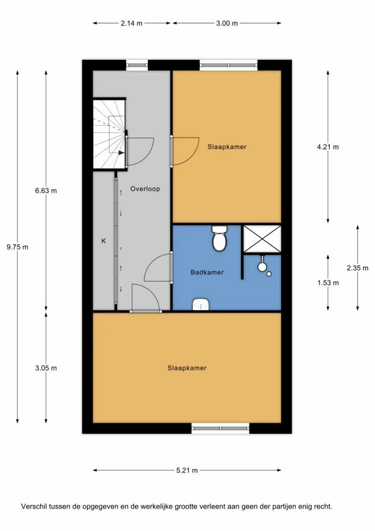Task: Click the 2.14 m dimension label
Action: pos(131,23)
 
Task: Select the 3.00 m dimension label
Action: pos(227,23)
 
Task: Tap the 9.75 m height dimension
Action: pos(18,247)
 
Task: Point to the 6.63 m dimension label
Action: pos(46,191)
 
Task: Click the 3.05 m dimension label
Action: pos(46,368)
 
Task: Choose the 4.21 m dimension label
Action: pos(328,147)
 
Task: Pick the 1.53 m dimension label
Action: pos(328,283)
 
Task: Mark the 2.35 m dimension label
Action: pos(357,268)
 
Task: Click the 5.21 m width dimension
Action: pos(187,470)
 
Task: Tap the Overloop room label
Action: pos(145,189)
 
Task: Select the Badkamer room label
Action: pos(207,272)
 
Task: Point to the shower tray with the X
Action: pos(262,239)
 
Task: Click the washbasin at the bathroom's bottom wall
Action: pos(201,304)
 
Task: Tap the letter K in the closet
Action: pos(104,241)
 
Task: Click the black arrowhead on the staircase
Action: pos(121,153)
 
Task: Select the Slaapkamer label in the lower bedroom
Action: pos(187,368)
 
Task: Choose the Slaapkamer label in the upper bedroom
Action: pos(227,147)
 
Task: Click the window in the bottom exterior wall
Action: pos(220,429)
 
